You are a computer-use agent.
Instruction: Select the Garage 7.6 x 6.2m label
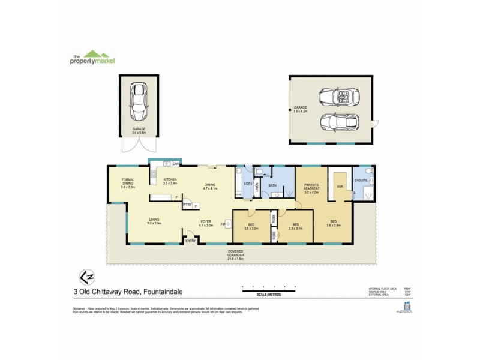[300, 110]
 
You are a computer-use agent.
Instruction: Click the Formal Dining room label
[127, 183]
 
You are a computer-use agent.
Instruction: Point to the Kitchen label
[170, 182]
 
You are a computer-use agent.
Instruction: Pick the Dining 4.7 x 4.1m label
[209, 187]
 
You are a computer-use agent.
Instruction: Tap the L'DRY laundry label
[247, 184]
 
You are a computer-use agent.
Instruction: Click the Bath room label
[271, 186]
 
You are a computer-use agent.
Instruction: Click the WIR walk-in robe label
[339, 186]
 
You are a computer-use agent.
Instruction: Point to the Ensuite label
[361, 179]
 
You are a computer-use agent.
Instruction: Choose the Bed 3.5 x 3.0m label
[251, 226]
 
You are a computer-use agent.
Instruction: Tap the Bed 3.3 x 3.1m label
[296, 226]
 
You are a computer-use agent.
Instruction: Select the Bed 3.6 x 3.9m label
[334, 223]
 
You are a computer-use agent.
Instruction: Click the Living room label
[154, 221]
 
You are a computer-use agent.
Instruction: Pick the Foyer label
[206, 223]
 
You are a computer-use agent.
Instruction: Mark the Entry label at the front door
[190, 241]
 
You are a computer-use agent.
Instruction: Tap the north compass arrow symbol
[86, 277]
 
